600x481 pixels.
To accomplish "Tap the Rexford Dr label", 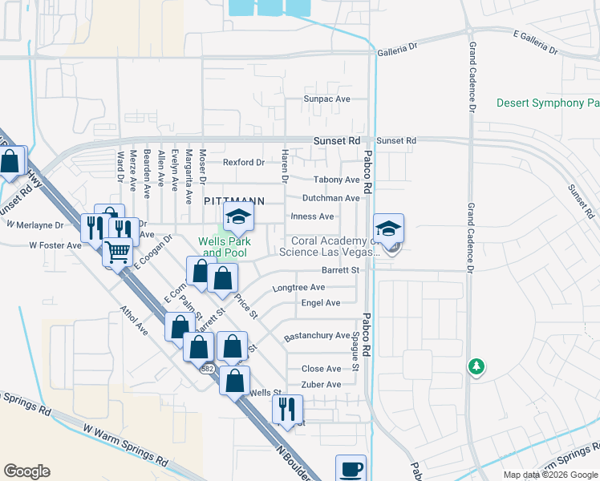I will click(x=244, y=163).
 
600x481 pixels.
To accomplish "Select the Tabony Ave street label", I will click(x=336, y=180).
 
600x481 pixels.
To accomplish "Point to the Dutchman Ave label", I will click(x=330, y=198).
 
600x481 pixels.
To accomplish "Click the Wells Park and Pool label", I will click(x=225, y=247).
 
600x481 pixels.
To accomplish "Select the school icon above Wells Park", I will click(x=237, y=216).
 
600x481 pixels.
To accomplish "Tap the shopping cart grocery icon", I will click(x=118, y=252).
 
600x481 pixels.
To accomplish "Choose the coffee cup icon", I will click(x=351, y=469).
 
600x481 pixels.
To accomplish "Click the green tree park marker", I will click(x=476, y=366).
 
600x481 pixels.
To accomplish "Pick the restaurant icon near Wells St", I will click(x=286, y=408).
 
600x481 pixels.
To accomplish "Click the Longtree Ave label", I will click(x=298, y=287).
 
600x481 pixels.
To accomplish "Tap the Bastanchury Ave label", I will click(x=318, y=336).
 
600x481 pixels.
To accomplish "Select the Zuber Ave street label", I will click(x=321, y=385).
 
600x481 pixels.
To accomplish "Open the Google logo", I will click(x=26, y=471).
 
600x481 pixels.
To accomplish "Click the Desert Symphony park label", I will click(x=548, y=103).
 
